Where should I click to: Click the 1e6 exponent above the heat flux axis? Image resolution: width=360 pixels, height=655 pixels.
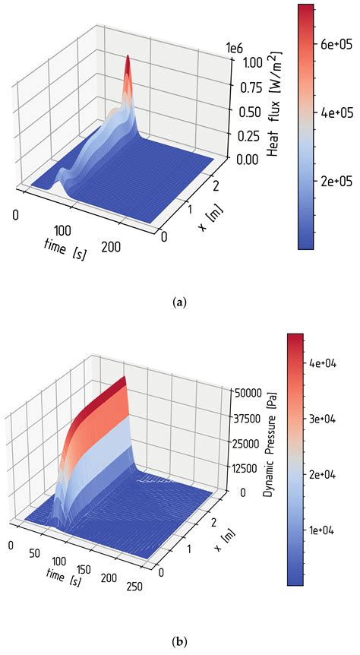(233, 46)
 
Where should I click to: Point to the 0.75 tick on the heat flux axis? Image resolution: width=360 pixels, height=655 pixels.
(242, 87)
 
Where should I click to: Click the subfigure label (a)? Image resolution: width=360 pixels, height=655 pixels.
(179, 302)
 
